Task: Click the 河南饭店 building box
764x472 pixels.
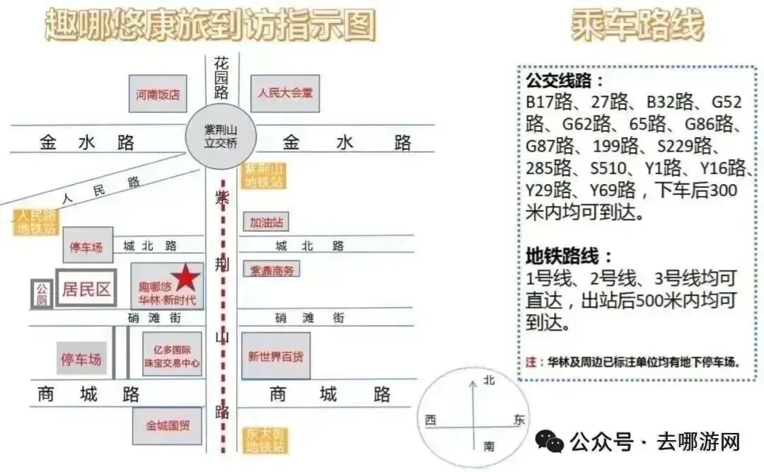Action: pos(158,93)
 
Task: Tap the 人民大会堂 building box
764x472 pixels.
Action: pos(284,93)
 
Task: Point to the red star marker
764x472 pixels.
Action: pos(185,278)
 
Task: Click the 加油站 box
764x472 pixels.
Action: pos(265,222)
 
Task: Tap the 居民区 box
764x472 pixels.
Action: pos(86,289)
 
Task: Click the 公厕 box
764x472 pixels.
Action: pos(41,294)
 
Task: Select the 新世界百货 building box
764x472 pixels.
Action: pos(276,356)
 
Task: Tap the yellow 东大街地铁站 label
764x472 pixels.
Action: pos(265,439)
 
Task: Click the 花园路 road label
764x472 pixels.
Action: pos(221,77)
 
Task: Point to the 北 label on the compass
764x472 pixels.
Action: pos(489,381)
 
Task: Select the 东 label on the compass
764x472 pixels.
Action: pos(520,420)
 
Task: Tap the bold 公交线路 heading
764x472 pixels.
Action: pos(565,79)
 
